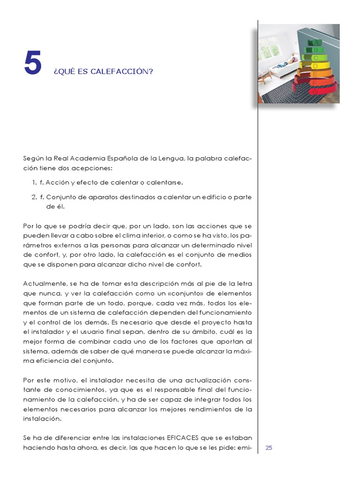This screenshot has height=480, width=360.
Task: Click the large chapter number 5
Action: pyautogui.click(x=33, y=64)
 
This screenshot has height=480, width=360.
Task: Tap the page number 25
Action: pyautogui.click(x=269, y=448)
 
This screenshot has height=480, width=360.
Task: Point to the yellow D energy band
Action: pyautogui.click(x=315, y=67)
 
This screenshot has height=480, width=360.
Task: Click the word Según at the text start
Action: pyautogui.click(x=32, y=158)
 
